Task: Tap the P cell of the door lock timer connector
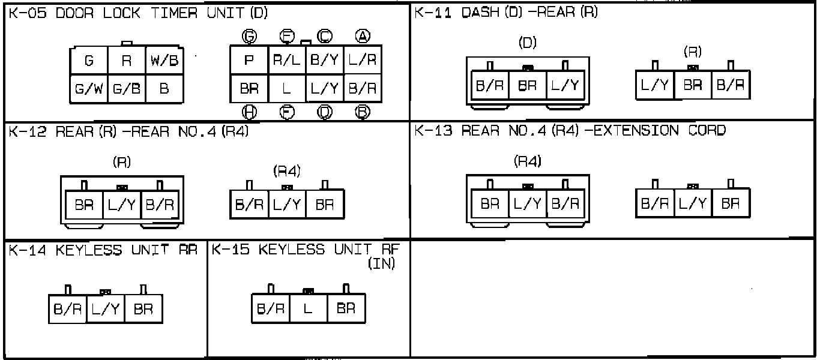coord(249,61)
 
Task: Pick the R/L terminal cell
coord(287,61)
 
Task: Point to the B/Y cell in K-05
coord(325,61)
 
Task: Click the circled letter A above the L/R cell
coord(362,37)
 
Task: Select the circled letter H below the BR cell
coord(249,112)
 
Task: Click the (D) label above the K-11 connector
coord(527,43)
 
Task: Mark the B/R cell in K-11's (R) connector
coord(731,85)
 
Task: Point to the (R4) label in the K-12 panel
coord(286,172)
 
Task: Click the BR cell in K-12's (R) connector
coord(84,205)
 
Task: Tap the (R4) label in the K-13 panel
coord(528,161)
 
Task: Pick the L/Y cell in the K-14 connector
coord(106,310)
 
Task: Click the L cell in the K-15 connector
coord(309,310)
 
